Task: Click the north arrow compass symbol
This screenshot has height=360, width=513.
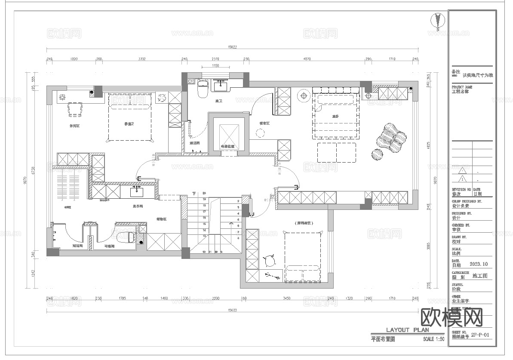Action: (x=438, y=21)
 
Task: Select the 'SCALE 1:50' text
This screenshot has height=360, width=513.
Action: (x=433, y=339)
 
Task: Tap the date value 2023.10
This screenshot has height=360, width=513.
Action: (x=479, y=264)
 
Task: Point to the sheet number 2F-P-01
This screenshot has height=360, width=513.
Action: (x=480, y=334)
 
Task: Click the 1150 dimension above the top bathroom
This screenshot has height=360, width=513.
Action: (x=215, y=66)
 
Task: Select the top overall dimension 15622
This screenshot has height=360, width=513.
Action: (x=232, y=47)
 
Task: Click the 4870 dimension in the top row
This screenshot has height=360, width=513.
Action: (x=307, y=59)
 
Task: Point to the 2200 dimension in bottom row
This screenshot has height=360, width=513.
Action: (x=215, y=298)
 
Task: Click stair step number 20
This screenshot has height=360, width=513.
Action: (x=204, y=194)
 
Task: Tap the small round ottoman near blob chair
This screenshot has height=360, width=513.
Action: (x=377, y=154)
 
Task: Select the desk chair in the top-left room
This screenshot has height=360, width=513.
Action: (x=74, y=110)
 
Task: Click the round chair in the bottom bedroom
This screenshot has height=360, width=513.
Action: (x=270, y=260)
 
